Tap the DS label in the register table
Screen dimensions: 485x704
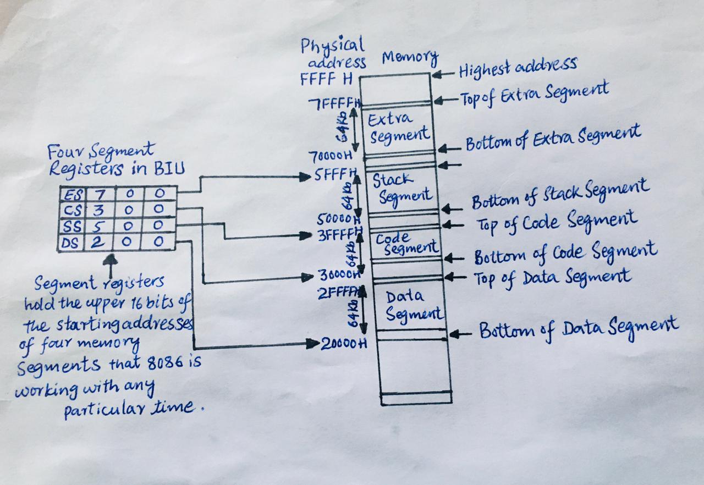(x=70, y=242)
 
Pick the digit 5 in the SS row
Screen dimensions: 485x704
(x=99, y=226)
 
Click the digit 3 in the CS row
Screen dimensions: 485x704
(x=99, y=210)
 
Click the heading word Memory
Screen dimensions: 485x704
(x=410, y=57)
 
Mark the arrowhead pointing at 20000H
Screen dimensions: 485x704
(x=315, y=344)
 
